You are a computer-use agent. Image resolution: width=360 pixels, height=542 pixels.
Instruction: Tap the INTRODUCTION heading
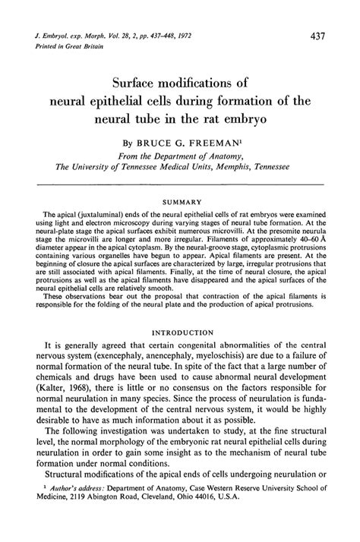(180, 353)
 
